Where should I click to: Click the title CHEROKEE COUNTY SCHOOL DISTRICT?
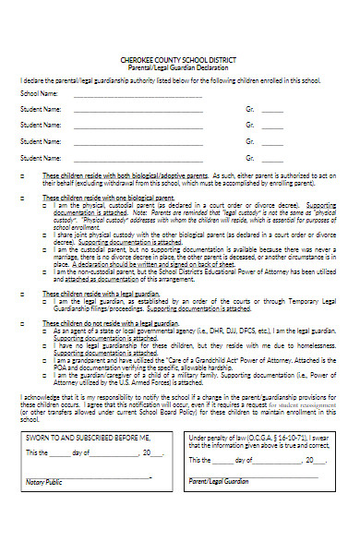[179, 60]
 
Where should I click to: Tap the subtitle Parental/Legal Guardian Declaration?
[179, 67]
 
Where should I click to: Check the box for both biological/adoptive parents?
[22, 173]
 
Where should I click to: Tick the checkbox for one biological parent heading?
[22, 198]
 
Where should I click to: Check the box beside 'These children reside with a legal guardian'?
[22, 293]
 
